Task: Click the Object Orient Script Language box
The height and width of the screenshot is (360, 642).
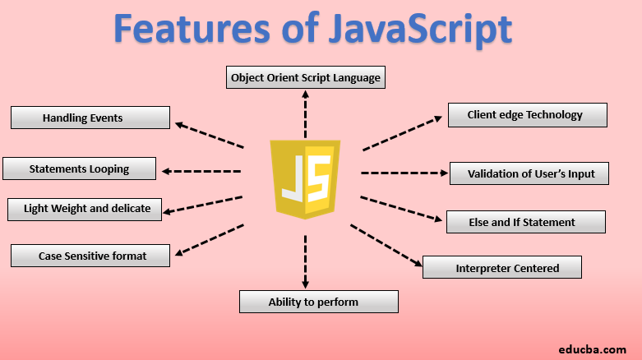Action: point(305,78)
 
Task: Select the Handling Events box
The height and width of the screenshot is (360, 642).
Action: point(90,118)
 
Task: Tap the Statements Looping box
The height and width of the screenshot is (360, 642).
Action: point(79,168)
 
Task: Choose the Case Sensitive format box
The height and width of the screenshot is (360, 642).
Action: point(90,256)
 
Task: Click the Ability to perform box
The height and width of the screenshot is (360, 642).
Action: point(319,302)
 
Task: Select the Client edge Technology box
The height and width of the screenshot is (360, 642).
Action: point(527,115)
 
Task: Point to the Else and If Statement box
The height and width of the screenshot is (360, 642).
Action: point(526,222)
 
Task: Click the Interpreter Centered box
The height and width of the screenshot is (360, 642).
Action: point(501,267)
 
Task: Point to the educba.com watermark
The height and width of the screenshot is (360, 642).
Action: point(594,348)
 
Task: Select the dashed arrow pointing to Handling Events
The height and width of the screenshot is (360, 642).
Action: point(209,136)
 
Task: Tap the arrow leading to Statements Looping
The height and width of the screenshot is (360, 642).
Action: point(201,171)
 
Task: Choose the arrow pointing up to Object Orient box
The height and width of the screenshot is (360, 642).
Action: point(305,115)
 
